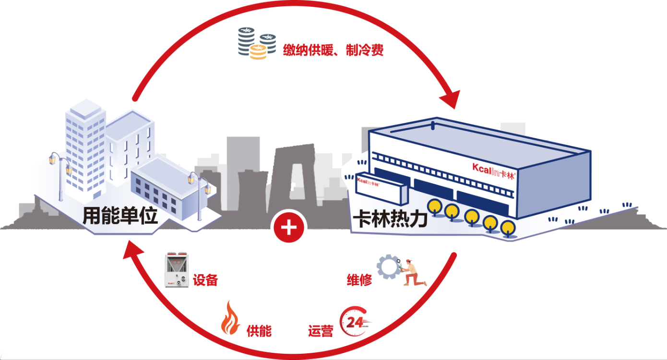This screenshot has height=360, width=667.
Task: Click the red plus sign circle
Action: click(289, 228)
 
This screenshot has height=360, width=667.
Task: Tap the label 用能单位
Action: click(120, 216)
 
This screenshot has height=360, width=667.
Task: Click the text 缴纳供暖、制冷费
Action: click(333, 50)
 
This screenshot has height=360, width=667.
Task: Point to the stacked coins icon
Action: click(257, 43)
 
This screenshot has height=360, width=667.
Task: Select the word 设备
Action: click(205, 280)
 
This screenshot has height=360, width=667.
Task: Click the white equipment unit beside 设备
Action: click(178, 270)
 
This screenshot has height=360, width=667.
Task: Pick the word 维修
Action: click(359, 280)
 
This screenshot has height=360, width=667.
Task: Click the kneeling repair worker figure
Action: click(412, 273)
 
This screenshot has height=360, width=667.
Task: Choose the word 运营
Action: click(320, 331)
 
